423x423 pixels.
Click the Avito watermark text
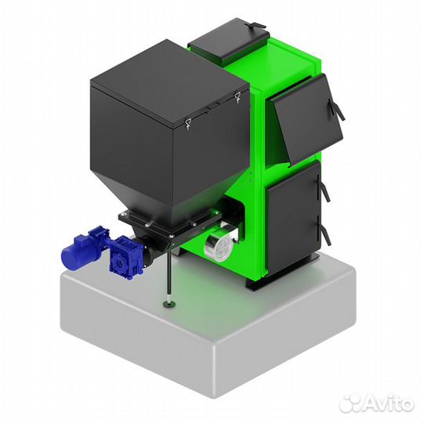point(389,403)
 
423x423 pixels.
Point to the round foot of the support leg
point(169,305)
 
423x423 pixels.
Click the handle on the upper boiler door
point(337,109)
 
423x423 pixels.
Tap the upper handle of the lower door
point(324,188)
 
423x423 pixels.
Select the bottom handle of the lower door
point(324,230)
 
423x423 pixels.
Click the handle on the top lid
point(255,25)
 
